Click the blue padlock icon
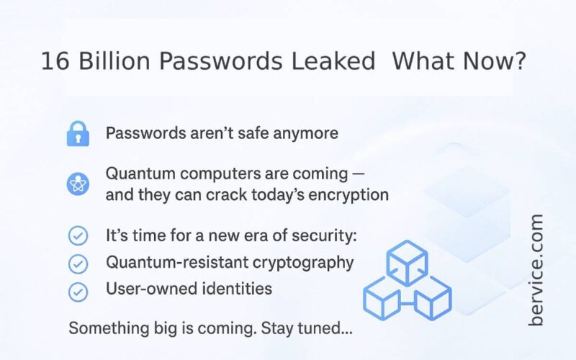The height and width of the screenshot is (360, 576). tap(78, 134)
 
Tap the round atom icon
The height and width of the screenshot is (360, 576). tap(78, 184)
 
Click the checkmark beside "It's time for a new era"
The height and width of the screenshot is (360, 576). tap(78, 235)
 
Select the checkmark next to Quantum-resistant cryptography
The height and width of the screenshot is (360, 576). tap(78, 264)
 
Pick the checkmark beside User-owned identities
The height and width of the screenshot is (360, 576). tap(78, 292)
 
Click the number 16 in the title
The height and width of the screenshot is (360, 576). tap(55, 61)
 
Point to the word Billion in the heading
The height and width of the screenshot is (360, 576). tap(114, 61)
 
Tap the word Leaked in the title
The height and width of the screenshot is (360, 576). tap(333, 61)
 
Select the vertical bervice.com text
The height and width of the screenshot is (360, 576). tap(536, 269)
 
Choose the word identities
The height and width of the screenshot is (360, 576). tap(238, 289)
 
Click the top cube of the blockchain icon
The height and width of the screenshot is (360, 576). tap(407, 263)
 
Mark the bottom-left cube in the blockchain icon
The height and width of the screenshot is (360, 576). tap(382, 298)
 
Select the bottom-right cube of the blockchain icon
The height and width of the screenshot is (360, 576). tap(433, 298)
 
